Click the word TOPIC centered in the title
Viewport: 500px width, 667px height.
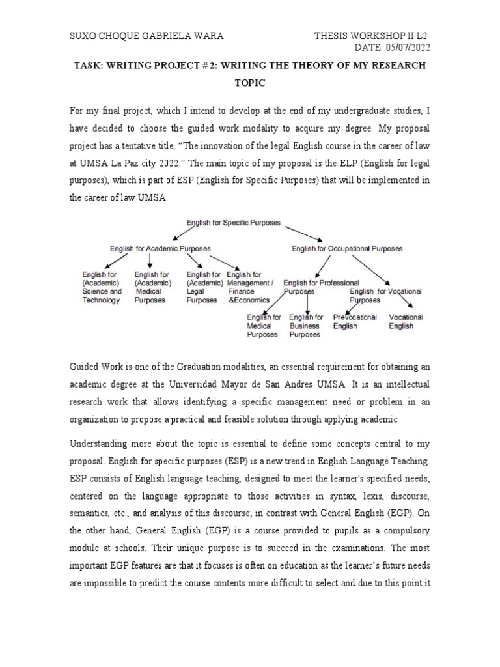[x=249, y=84]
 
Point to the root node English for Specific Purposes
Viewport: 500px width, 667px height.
[x=233, y=223]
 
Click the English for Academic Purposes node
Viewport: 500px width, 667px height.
[x=160, y=248]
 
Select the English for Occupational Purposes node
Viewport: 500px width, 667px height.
[x=346, y=248]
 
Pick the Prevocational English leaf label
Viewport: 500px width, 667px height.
[x=355, y=322]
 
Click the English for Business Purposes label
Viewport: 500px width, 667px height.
[x=305, y=326]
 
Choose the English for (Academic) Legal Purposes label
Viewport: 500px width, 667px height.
[x=204, y=287]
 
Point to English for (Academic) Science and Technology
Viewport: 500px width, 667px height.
[x=102, y=287]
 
